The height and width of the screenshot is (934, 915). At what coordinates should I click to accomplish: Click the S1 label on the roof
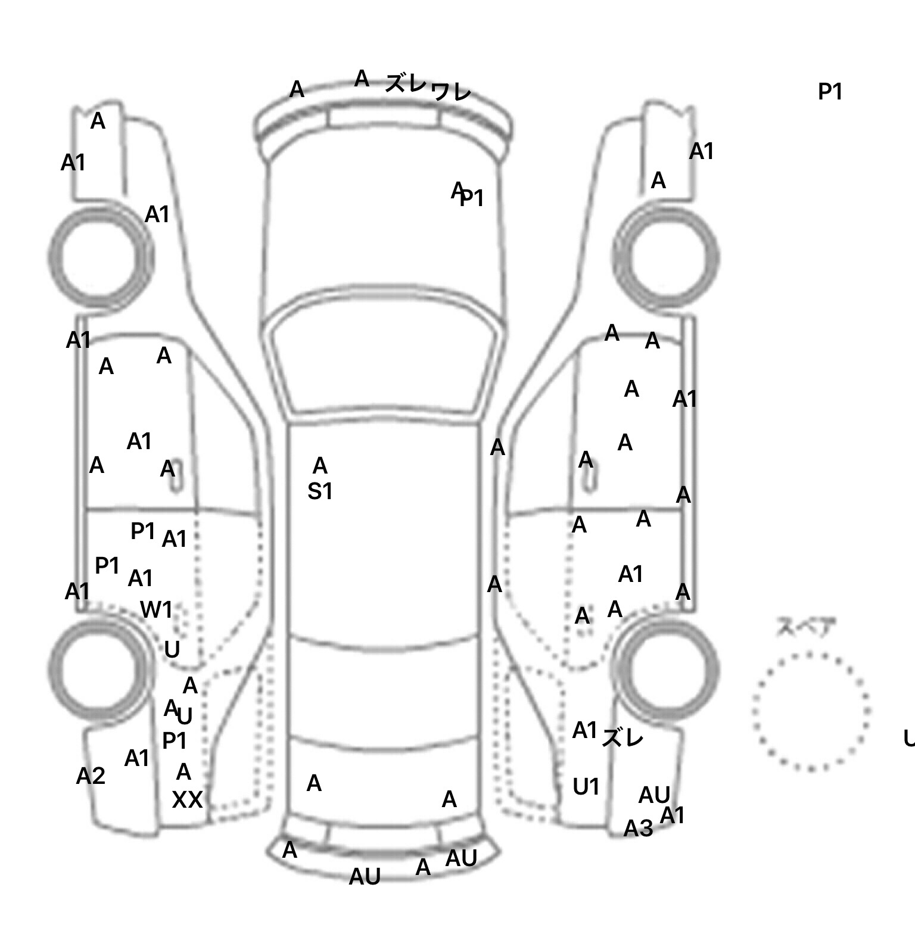[320, 491]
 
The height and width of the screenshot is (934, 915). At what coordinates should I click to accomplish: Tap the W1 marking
[156, 610]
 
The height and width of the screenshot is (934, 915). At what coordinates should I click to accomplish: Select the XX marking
[187, 799]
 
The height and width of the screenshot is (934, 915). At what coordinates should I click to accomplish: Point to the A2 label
[91, 776]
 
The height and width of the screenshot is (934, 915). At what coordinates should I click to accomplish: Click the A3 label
[638, 828]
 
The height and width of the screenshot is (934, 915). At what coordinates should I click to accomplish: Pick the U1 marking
[586, 787]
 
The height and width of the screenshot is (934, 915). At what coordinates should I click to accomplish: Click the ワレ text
[451, 91]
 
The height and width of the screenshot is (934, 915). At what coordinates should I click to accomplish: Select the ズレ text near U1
[623, 739]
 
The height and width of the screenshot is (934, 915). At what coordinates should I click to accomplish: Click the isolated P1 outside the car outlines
[830, 92]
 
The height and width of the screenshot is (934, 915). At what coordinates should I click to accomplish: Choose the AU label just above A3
[654, 795]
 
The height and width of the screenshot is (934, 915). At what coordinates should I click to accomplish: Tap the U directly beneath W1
[172, 649]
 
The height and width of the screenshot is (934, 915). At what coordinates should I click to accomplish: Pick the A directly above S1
[320, 465]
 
